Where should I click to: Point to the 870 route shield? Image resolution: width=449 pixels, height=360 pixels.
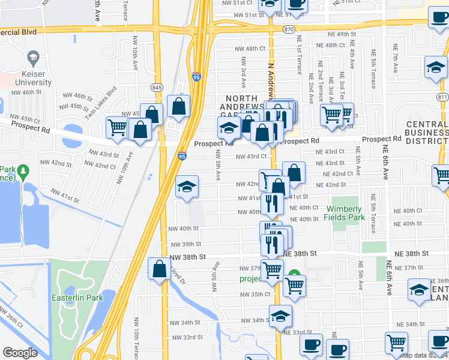pyautogui.click(x=290, y=29)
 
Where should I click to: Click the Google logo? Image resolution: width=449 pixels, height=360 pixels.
pyautogui.click(x=20, y=353)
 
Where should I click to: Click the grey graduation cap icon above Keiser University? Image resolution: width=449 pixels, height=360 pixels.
pyautogui.click(x=33, y=58)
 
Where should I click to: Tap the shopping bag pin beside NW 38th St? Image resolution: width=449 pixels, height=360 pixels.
pyautogui.click(x=160, y=269)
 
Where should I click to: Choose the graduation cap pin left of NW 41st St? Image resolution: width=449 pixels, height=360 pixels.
pyautogui.click(x=187, y=187)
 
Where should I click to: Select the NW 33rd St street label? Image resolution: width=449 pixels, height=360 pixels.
pyautogui.click(x=185, y=337)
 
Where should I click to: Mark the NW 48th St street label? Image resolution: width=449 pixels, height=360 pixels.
pyautogui.click(x=250, y=48)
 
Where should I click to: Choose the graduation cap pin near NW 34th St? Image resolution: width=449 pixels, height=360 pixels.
pyautogui.click(x=280, y=316)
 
